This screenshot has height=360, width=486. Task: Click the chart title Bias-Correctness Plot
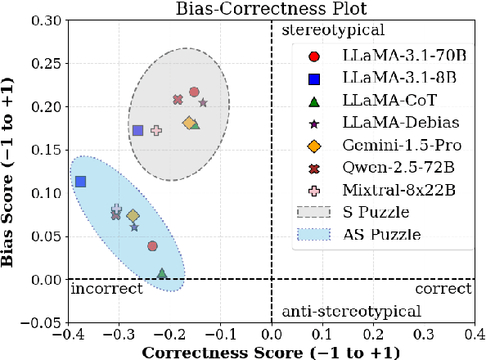[269, 9]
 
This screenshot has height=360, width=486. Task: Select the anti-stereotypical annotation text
[351, 311]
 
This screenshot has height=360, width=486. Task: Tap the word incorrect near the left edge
[107, 289]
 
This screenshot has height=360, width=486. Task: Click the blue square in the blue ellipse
[80, 182]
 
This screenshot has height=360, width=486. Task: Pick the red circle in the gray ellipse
[194, 92]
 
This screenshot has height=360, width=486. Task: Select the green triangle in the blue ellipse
[162, 273]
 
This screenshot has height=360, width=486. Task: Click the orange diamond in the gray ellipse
[188, 124]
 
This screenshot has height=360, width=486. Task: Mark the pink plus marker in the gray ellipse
[156, 130]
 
